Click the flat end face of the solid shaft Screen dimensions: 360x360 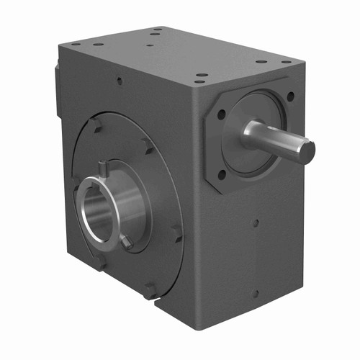307,151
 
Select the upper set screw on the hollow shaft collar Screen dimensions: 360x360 103,168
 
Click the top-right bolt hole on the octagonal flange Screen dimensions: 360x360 290,96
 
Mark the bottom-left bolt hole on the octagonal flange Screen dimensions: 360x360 222,174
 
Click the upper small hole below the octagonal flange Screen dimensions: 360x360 254,224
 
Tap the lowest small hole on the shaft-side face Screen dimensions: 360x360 254,293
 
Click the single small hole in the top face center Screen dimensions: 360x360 149,45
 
